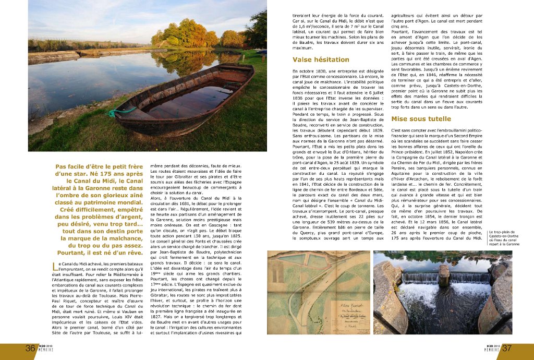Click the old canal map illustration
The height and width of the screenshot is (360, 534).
tap(319, 292)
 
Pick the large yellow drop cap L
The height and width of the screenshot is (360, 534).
tap(56, 267)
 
